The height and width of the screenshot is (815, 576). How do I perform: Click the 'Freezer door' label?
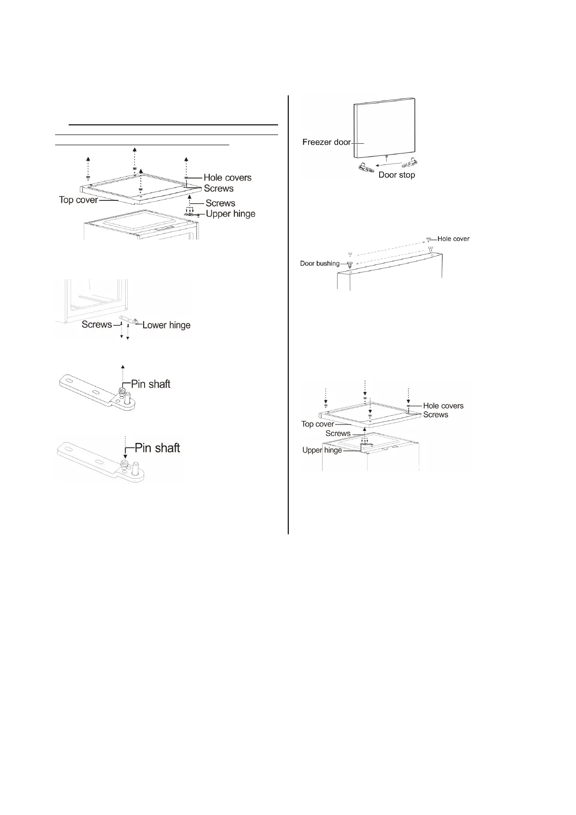[326, 142]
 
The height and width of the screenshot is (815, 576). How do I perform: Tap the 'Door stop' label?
[397, 175]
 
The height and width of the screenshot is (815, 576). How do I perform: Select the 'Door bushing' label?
[320, 264]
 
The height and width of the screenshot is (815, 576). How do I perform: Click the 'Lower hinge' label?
[166, 325]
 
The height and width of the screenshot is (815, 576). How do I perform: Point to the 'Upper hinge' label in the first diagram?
[231, 214]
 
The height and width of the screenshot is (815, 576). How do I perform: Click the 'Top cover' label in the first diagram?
[78, 199]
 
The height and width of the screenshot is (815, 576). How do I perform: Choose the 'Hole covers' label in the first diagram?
[227, 178]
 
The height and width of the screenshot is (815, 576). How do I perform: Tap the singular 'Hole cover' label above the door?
[453, 239]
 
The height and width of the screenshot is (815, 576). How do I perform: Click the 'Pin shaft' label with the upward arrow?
[151, 384]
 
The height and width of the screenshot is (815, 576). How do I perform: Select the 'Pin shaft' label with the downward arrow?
[157, 448]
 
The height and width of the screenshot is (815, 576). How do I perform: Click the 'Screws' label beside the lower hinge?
[97, 325]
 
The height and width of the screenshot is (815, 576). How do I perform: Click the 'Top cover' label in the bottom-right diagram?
[317, 424]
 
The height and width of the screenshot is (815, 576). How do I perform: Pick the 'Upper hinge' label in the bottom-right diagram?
[322, 450]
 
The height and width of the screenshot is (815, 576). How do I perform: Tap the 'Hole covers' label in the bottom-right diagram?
[443, 406]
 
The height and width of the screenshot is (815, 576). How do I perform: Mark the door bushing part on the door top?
[349, 265]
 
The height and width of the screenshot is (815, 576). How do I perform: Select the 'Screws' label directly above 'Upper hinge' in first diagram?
[220, 203]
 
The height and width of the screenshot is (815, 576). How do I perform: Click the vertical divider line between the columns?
[288, 315]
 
